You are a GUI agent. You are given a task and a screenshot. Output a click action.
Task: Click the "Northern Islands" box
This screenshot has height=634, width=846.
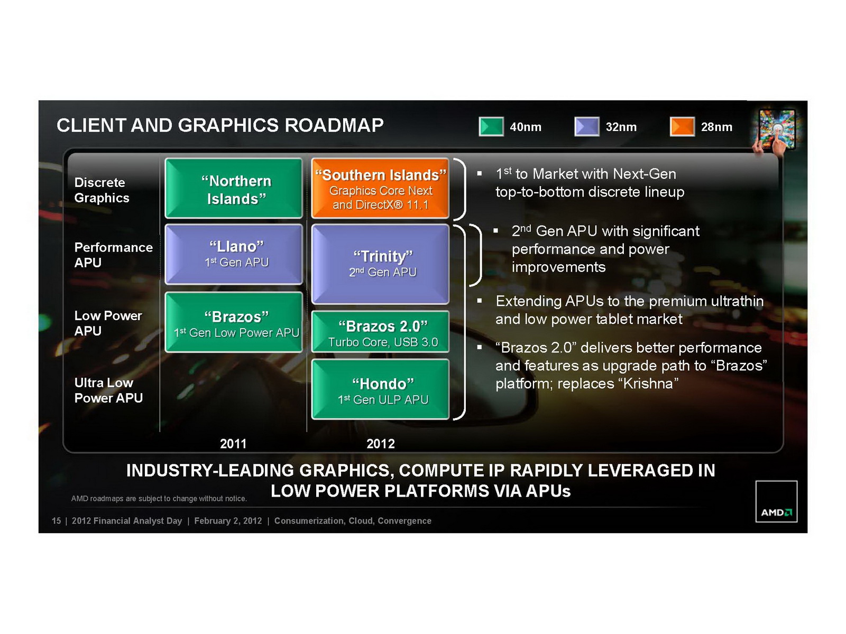pyautogui.click(x=234, y=189)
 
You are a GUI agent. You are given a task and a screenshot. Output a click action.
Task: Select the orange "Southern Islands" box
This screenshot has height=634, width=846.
pyautogui.click(x=380, y=189)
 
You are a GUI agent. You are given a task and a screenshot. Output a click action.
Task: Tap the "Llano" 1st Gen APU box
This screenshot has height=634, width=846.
pyautogui.click(x=234, y=254)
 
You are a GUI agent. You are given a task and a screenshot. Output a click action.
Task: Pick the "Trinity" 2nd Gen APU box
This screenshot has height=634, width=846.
pyautogui.click(x=380, y=264)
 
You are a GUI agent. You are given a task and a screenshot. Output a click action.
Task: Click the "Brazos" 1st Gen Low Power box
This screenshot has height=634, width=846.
pyautogui.click(x=234, y=322)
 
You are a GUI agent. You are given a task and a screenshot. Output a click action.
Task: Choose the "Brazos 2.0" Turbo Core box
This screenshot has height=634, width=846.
pyautogui.click(x=380, y=332)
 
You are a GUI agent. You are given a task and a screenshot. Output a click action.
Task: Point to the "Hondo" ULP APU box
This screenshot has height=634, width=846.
pyautogui.click(x=380, y=389)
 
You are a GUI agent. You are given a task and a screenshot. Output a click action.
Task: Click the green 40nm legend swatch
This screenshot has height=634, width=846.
pyautogui.click(x=491, y=127)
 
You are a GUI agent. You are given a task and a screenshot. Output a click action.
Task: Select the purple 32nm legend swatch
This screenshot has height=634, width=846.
pyautogui.click(x=586, y=127)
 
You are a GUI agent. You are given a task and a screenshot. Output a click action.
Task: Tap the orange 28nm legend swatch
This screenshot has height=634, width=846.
pyautogui.click(x=682, y=127)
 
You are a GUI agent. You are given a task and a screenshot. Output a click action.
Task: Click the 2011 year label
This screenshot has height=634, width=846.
pyautogui.click(x=233, y=444)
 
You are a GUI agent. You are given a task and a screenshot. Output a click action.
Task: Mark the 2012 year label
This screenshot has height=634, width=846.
pyautogui.click(x=381, y=444)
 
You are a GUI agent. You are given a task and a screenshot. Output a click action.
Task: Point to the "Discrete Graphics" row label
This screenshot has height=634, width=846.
pyautogui.click(x=102, y=190)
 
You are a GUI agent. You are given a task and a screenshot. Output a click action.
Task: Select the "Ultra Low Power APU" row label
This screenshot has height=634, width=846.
pyautogui.click(x=108, y=390)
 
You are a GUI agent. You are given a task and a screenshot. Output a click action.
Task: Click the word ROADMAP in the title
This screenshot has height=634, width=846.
pyautogui.click(x=334, y=125)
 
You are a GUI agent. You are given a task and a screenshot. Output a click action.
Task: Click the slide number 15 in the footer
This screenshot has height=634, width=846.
pyautogui.click(x=56, y=521)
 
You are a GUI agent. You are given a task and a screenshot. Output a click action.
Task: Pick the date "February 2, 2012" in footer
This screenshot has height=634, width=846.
pyautogui.click(x=228, y=521)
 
